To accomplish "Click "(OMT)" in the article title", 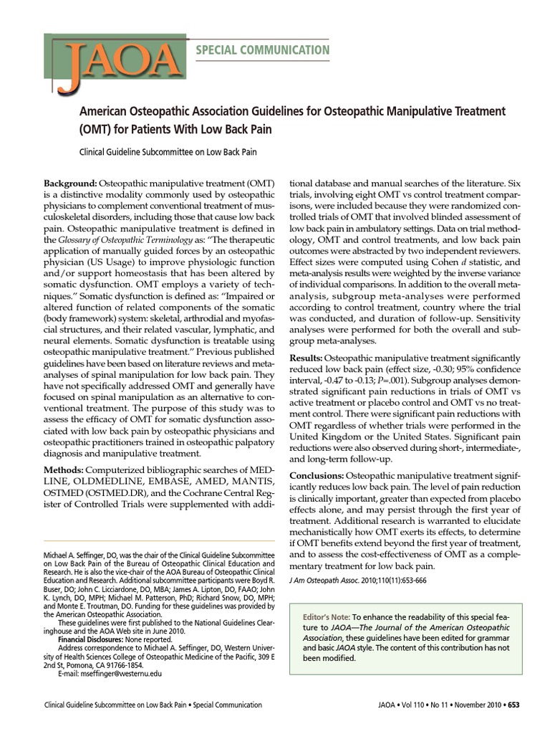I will [97, 130].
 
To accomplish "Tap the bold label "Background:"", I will [70, 184].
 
